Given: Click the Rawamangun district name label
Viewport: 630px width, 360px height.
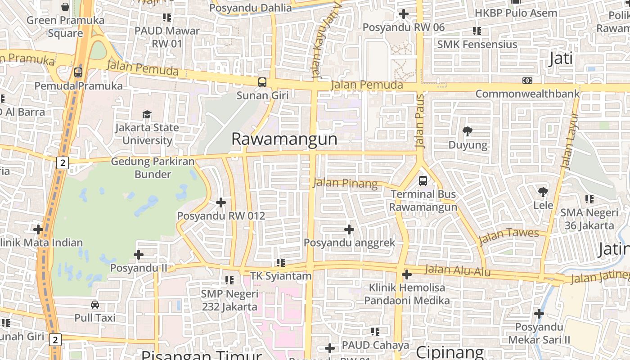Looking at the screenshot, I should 284,139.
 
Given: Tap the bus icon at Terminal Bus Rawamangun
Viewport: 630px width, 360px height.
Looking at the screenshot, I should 423,181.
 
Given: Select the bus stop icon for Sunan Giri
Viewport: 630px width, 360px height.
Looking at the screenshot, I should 262,82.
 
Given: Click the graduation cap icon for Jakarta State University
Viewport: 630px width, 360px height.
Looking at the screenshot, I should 147,114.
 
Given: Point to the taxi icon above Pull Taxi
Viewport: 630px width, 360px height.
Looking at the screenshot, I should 95,305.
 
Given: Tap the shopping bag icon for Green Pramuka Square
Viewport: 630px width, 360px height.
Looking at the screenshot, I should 65,7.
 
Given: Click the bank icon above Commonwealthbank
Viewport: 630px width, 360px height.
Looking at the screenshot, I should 527,81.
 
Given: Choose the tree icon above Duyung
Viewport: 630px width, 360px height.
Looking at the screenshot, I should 468,131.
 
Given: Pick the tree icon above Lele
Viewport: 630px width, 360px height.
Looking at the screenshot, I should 543,192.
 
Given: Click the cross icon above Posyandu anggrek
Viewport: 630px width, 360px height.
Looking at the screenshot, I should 349,230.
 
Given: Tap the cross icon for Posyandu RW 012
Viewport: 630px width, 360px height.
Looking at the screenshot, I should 221,202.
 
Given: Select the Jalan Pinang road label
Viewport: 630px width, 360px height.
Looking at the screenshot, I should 345,183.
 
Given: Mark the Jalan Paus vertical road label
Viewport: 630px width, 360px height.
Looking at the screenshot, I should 420,121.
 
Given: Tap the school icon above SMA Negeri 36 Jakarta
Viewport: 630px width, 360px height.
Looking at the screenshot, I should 589,199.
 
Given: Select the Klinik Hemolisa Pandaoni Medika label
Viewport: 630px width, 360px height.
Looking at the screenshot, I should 407,294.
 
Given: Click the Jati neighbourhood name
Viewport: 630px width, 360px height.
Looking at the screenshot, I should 561,58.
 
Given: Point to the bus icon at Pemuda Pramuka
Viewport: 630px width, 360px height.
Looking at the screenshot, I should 78,72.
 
